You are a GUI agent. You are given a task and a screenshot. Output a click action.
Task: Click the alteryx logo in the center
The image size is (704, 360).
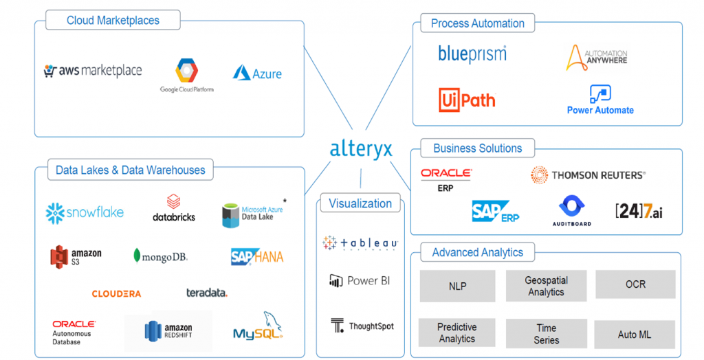(x=361, y=148)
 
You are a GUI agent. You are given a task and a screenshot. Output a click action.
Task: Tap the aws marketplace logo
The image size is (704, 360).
(x=93, y=71)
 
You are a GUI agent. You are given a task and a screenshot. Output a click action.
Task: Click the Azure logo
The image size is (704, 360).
(x=258, y=73)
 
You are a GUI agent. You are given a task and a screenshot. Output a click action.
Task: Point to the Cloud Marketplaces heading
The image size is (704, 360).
(x=113, y=20)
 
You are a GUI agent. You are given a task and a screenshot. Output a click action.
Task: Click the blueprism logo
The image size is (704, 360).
(x=472, y=54)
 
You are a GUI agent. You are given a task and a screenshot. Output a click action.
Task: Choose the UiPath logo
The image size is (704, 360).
(x=467, y=100)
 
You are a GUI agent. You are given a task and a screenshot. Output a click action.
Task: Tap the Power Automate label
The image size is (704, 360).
(x=600, y=110)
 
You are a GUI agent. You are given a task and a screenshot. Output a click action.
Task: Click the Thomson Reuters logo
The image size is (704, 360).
(x=588, y=175)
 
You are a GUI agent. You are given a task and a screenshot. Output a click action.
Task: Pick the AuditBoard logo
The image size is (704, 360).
(x=571, y=210)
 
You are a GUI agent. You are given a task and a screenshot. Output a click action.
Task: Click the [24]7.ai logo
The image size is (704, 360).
(x=639, y=211)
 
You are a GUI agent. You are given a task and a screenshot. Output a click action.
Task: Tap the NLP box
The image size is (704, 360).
(x=457, y=286)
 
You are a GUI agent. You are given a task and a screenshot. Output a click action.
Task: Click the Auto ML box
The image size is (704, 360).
(x=635, y=335)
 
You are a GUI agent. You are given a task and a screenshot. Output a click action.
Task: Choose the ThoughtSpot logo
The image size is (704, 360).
(x=362, y=326)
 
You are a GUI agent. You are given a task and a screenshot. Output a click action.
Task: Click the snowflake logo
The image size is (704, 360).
(x=85, y=212)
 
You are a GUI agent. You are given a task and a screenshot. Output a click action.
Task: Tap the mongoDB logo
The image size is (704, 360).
(x=160, y=257)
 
